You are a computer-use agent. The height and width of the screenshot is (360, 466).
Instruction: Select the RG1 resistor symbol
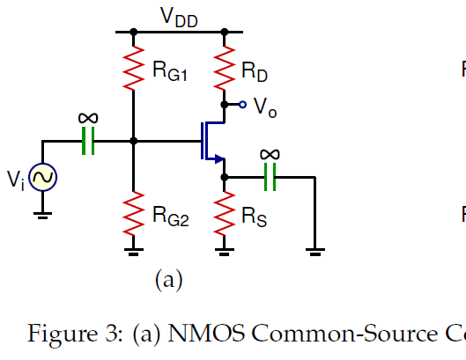pos(133,67)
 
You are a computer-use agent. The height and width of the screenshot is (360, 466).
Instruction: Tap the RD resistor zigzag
pos(224,67)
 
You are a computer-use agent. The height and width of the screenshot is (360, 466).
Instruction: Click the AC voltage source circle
pos(41,179)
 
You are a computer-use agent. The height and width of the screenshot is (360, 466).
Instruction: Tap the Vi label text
pos(15,180)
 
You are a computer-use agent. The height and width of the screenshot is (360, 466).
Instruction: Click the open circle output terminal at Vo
pos(242,104)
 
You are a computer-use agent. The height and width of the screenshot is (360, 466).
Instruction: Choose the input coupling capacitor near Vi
pos(87,141)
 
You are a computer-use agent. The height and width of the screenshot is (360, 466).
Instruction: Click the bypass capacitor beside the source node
pos(270,178)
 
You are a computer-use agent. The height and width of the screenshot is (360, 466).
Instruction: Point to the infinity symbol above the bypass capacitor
pos(270,155)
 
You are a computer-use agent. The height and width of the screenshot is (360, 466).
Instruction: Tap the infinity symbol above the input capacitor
pos(87,119)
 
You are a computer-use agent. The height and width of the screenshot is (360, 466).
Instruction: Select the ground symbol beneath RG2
pos(133,251)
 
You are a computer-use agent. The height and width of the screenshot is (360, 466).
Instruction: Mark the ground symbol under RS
pos(224,251)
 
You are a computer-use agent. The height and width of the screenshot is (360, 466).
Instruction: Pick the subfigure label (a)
pos(167,280)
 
